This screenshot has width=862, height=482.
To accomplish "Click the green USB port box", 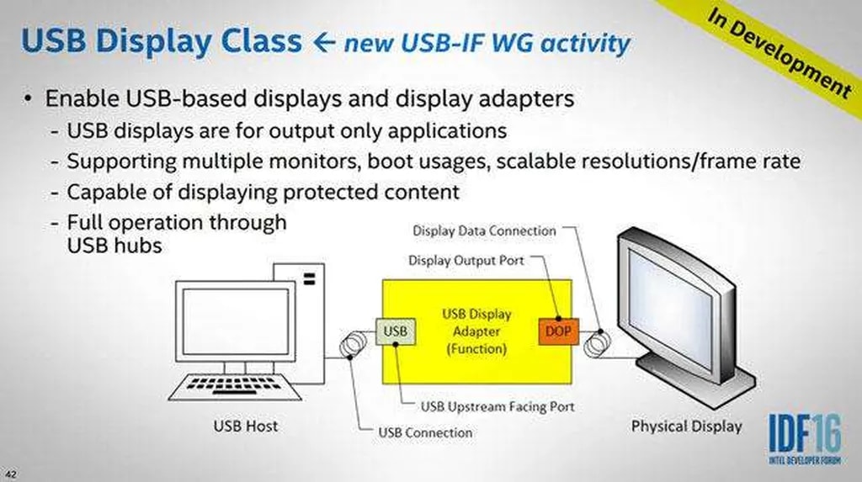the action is point(396,331).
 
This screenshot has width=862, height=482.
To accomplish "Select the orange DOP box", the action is point(559,331).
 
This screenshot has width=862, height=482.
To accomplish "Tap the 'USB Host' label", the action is point(246,426).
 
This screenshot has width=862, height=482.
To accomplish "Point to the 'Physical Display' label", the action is point(687,426).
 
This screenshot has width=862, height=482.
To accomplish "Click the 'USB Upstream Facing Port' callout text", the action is point(498,406).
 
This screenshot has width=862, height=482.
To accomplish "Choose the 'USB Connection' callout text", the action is point(425,432).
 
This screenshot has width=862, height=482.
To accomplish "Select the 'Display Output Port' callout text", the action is point(466,260).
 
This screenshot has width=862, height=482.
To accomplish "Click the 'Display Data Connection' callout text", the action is point(484,230).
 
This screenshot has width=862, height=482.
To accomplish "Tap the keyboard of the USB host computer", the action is point(235,387).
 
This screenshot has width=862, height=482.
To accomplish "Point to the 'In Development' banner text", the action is point(780,53).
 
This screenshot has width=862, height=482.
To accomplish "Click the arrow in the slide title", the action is point(324,43).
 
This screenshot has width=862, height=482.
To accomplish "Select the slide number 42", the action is point(10,474).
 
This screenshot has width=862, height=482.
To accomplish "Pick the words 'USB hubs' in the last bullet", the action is point(114,246).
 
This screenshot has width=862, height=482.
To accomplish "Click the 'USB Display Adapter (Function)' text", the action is point(476,331).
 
